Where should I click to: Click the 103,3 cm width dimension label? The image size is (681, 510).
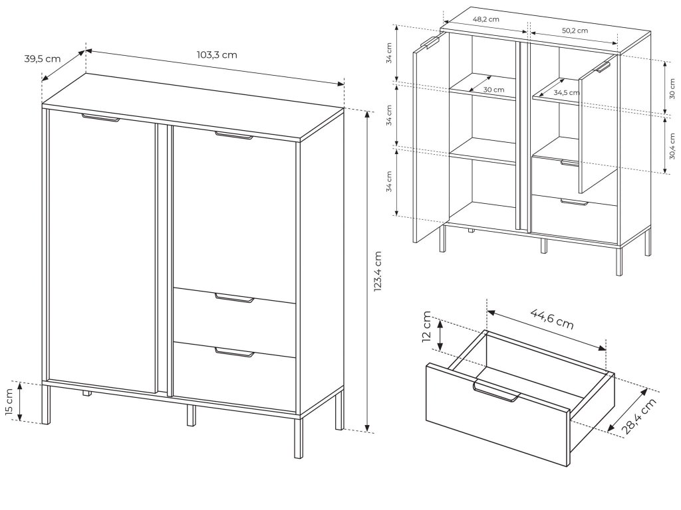click(x=217, y=55)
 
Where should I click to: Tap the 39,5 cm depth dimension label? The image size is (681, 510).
click(x=42, y=58)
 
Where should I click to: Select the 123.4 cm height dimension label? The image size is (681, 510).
click(x=378, y=271)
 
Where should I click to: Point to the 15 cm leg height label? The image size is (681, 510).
click(x=10, y=402)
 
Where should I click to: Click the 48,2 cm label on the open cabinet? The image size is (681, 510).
click(x=485, y=19)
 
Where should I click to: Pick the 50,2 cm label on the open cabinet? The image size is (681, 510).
click(x=575, y=31)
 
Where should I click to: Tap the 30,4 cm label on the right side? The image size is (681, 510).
click(x=672, y=146)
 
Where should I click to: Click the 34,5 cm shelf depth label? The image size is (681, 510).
click(x=567, y=92)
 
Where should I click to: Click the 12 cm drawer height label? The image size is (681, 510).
click(x=426, y=327)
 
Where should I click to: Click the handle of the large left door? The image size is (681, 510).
click(x=100, y=118)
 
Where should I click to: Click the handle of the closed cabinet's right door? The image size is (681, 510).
click(x=233, y=135)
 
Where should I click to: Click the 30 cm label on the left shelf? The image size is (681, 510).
click(x=494, y=90)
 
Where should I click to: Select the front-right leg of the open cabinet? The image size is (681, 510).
click(x=619, y=261)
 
